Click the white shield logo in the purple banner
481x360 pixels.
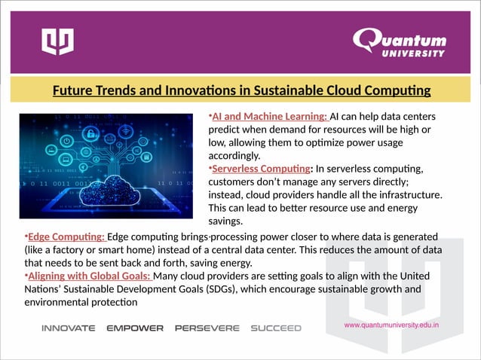[57, 41]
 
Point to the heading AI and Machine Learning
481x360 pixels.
[269, 117]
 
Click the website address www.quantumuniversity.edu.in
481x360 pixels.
[391, 325]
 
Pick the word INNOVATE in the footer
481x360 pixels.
[68, 328]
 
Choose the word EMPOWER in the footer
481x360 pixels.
[135, 328]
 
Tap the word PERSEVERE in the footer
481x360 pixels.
[207, 328]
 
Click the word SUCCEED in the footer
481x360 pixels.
[276, 328]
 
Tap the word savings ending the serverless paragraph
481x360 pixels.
[225, 221]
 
